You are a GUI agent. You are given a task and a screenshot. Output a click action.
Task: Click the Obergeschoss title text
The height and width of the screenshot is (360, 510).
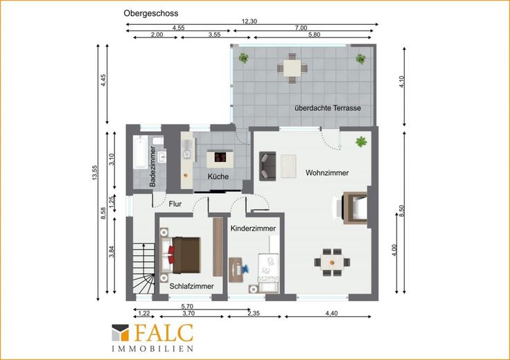(x=150, y=13)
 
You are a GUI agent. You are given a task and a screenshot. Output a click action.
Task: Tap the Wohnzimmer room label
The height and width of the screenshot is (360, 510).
(x=327, y=173)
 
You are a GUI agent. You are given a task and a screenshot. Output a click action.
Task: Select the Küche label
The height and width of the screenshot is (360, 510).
(x=218, y=177)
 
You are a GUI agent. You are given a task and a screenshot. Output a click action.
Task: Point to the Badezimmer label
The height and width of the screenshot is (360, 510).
(x=152, y=166)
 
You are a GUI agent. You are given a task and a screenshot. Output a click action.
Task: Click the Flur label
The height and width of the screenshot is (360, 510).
(x=175, y=204)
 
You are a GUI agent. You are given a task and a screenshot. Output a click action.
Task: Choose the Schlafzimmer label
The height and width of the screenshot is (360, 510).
(x=191, y=286)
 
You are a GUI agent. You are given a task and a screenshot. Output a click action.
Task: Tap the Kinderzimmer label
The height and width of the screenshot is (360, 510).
(x=253, y=228)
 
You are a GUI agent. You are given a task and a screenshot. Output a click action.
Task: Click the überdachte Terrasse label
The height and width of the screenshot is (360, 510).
(x=328, y=108)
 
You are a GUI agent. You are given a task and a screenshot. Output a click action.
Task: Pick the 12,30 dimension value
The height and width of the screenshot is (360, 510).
(x=249, y=21)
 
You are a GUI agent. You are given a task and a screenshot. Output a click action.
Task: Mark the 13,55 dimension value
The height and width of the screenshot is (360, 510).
(x=95, y=172)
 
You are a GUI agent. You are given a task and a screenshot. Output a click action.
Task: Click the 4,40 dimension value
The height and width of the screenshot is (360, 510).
(x=331, y=313)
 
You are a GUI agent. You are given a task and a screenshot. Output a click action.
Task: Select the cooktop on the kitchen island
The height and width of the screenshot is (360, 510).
(x=220, y=157)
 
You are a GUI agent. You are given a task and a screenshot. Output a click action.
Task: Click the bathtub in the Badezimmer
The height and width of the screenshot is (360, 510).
(x=140, y=152)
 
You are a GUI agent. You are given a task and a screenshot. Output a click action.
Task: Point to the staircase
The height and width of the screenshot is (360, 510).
(x=143, y=269)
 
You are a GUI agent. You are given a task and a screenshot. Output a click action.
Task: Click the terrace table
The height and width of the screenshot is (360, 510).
(x=292, y=69)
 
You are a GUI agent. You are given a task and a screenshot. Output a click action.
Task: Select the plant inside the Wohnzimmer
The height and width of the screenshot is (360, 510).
(x=361, y=142)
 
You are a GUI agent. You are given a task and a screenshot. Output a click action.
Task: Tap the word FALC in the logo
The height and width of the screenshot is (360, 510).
(x=164, y=333)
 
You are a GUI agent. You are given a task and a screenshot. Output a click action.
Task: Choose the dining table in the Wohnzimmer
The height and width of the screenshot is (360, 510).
(x=332, y=262)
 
